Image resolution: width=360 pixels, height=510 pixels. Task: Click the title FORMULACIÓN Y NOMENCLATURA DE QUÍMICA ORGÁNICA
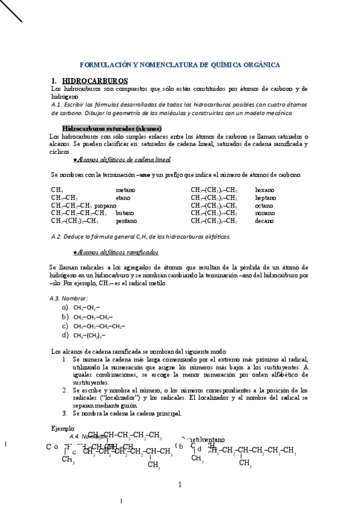(x=180, y=64)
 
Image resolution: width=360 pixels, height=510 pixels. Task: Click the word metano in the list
(x=125, y=190)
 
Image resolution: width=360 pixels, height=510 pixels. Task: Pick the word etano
(x=123, y=198)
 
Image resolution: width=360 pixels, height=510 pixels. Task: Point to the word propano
(x=105, y=206)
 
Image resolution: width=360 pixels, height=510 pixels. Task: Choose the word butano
(x=125, y=214)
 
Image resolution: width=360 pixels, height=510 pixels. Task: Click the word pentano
(x=126, y=221)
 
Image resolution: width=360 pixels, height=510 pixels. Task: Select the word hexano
(x=264, y=190)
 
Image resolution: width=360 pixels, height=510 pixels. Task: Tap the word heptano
(x=266, y=198)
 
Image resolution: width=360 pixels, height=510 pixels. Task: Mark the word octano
(x=264, y=206)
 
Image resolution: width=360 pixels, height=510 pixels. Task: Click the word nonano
(x=265, y=214)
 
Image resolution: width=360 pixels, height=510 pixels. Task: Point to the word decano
(x=264, y=221)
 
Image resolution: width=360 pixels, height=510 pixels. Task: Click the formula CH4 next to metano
(x=56, y=190)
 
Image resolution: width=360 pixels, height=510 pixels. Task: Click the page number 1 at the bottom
(x=179, y=485)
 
